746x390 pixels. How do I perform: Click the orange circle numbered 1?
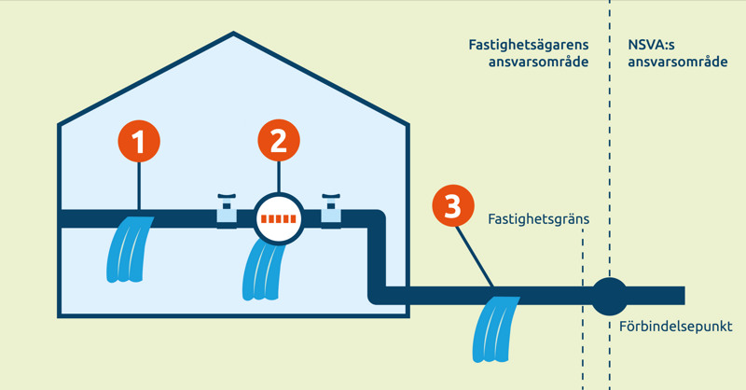point(139,142)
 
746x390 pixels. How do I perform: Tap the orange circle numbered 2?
point(279,142)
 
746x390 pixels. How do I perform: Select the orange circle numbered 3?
point(452,206)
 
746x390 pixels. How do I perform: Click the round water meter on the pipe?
point(279,219)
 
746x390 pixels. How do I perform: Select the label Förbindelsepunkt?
point(675,327)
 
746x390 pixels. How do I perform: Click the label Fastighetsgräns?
point(539,219)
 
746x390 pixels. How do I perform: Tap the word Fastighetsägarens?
point(529,44)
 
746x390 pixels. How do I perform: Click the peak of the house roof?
point(233,35)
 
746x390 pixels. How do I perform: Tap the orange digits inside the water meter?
point(279,220)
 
